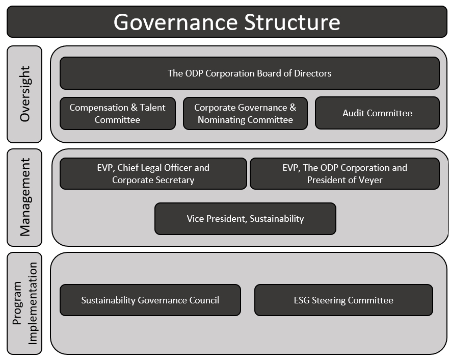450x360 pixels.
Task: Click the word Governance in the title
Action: [176, 22]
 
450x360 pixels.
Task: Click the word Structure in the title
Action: [292, 22]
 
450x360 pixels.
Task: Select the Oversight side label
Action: [24, 94]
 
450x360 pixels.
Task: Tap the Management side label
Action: [24, 197]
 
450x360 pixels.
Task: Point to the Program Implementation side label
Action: [24, 303]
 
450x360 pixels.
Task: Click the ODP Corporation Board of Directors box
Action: [249, 73]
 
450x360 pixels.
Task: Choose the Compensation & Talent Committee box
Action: [117, 113]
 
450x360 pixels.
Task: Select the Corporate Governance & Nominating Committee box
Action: [245, 113]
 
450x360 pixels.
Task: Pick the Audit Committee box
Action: [377, 113]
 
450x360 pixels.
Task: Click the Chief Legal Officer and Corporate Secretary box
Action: [153, 174]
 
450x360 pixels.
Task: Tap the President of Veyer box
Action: [345, 174]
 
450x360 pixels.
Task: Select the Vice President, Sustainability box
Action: [245, 219]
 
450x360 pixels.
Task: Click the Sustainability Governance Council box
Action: [150, 300]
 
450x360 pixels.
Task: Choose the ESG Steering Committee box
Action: [343, 300]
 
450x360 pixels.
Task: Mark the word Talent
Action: [152, 108]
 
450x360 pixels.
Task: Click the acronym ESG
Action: [302, 300]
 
